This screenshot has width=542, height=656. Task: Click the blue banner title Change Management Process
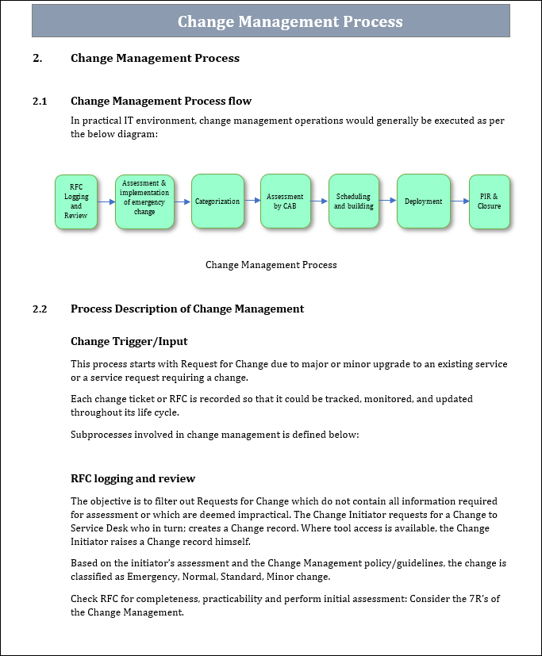tap(290, 21)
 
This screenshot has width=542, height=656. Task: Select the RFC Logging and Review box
tap(76, 201)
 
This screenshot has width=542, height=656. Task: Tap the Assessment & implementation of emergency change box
tap(144, 201)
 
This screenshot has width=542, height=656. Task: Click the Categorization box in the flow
tap(217, 201)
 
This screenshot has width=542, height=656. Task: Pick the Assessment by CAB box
tap(285, 201)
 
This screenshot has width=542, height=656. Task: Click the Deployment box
tap(423, 201)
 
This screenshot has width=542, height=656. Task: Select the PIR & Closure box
tap(489, 201)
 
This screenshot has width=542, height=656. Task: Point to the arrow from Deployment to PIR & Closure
tap(459, 201)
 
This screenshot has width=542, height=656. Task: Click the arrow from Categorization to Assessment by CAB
tap(252, 201)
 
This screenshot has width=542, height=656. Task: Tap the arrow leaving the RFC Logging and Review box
tap(106, 202)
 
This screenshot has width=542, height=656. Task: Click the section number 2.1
tap(40, 101)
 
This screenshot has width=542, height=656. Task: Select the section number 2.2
tap(40, 309)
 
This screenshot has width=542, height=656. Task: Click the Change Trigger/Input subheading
tap(129, 341)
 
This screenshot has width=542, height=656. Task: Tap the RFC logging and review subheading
tap(133, 478)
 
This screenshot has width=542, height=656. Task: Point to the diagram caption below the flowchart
tap(271, 265)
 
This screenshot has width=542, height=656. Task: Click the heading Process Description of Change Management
tap(187, 309)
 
